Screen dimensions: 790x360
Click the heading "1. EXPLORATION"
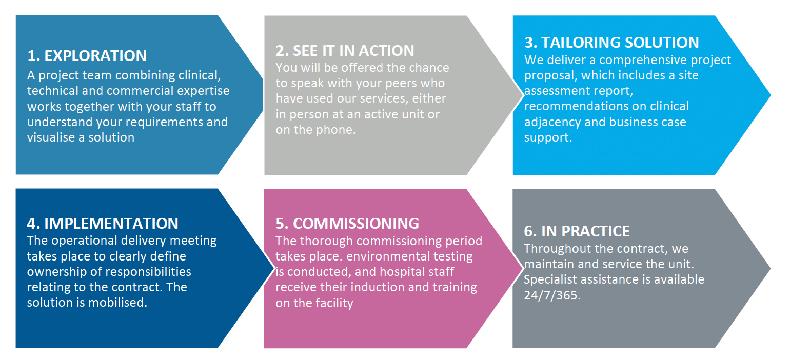87,56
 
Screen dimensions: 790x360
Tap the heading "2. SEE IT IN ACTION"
345,51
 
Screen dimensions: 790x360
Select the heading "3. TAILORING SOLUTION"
611,43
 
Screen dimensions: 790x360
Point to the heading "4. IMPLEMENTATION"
103,224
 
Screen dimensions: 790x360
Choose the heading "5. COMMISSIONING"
347,224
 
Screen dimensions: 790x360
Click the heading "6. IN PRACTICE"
577,231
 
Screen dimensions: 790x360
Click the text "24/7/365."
552,295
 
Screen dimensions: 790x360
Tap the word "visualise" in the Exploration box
51,137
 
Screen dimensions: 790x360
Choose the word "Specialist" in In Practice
550,279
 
